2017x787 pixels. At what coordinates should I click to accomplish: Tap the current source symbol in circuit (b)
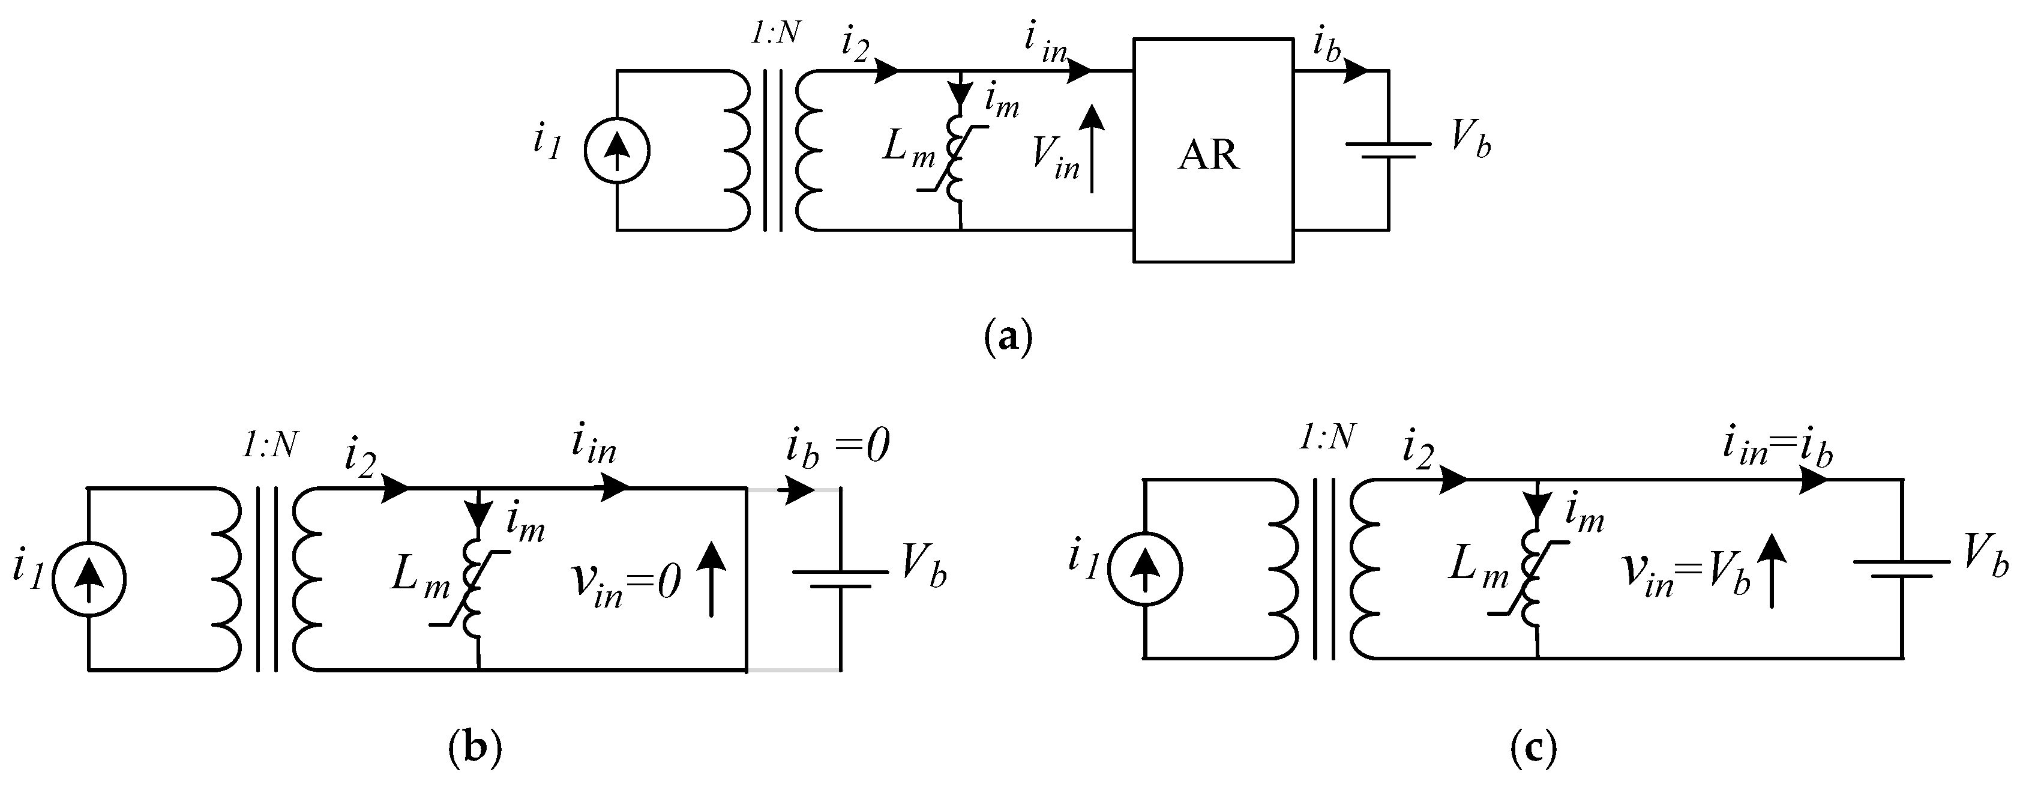click(x=88, y=579)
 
